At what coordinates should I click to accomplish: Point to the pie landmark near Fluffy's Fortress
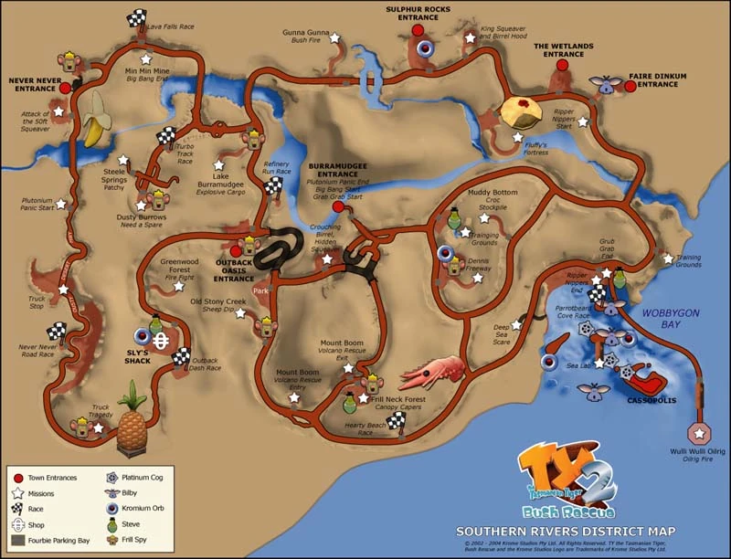[x=522, y=111]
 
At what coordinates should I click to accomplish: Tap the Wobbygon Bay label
[x=671, y=318]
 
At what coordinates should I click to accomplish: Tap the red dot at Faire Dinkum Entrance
[x=630, y=85]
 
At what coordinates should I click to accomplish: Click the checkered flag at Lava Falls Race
[x=137, y=16]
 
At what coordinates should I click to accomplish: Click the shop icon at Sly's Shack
[x=161, y=341]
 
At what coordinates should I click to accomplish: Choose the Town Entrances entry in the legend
[x=50, y=477]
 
